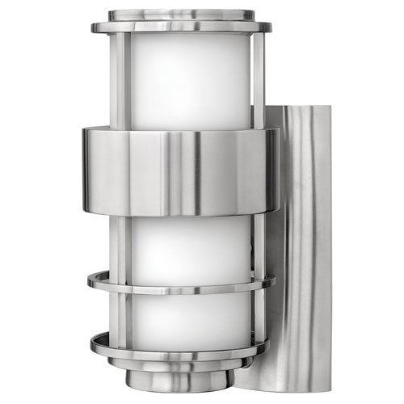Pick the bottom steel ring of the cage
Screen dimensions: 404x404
click(181, 347)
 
